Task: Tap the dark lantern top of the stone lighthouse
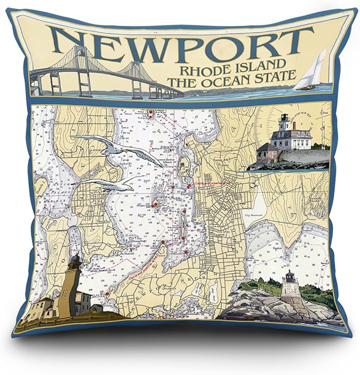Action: click(289, 276)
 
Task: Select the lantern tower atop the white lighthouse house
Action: click(284, 121)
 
